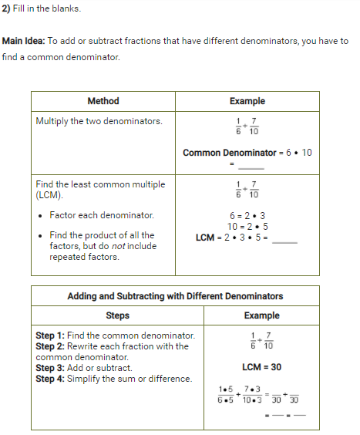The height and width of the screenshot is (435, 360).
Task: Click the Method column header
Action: pos(103,101)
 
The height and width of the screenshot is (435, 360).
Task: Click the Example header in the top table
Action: pos(247,101)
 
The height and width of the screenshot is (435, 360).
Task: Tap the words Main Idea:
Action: pos(24,41)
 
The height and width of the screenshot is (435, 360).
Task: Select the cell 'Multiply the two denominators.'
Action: pos(99,121)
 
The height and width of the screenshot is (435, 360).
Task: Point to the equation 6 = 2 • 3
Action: pos(247,215)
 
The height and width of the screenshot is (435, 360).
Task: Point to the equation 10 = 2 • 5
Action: pos(247,226)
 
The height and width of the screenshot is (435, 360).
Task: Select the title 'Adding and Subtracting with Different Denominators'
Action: pos(175,296)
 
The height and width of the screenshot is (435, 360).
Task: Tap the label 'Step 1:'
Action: pos(50,336)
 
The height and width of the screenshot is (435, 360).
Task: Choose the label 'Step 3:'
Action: pos(50,368)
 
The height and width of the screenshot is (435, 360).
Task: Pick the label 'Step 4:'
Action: pos(50,379)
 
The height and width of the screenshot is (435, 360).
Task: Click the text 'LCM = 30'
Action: pos(261,367)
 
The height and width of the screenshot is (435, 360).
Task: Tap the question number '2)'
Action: pos(6,8)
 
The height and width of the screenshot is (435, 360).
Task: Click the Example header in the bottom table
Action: pos(261,315)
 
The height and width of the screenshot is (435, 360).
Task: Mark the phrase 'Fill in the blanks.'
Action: pos(47,8)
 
